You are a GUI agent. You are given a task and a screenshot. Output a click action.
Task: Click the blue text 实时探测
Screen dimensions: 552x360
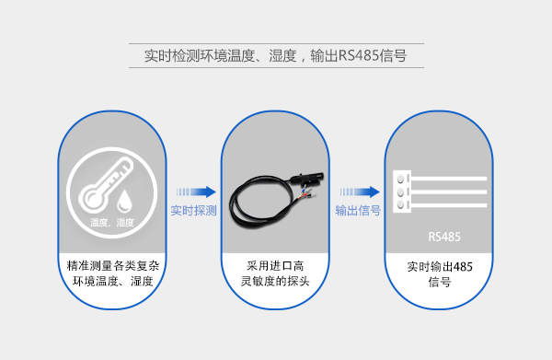193,211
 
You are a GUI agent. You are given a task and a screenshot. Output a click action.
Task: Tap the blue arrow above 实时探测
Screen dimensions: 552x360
195,192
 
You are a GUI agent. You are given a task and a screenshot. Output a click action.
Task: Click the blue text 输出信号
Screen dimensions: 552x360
358,211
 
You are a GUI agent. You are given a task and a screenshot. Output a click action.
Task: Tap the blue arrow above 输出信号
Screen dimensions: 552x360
359,192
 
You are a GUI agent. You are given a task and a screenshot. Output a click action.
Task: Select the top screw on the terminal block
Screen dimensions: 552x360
401,180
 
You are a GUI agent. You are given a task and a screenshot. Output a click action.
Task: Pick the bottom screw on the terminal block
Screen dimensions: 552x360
401,206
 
